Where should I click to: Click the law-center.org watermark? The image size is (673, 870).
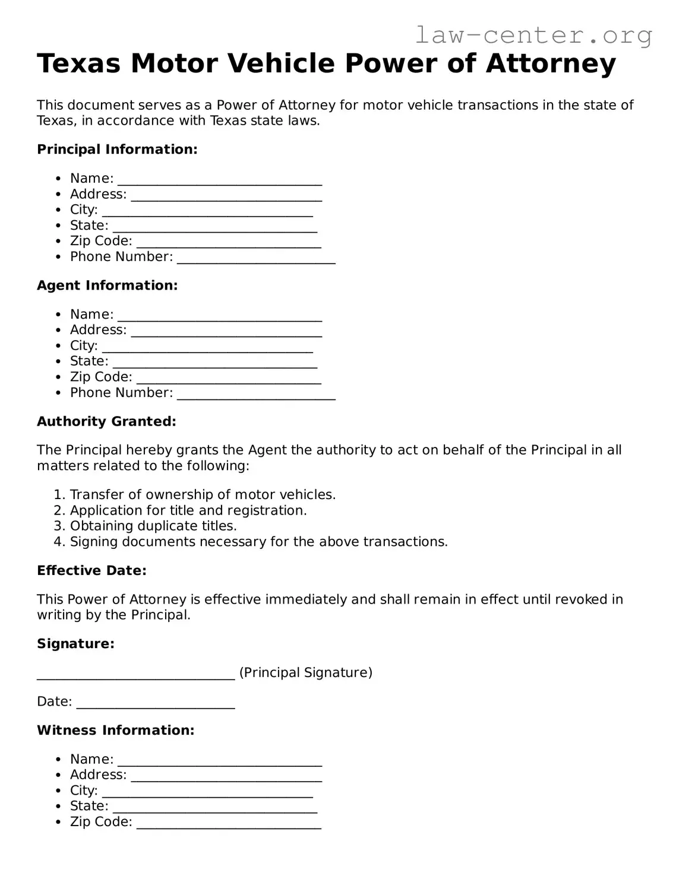[x=533, y=35]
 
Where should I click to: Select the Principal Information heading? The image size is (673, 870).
[x=117, y=150]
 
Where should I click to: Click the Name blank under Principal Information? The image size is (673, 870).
[x=220, y=180]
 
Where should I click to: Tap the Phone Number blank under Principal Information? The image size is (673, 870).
[x=256, y=258]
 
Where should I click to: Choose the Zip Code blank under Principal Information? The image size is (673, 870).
[x=229, y=242]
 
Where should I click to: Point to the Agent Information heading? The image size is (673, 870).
[x=107, y=285]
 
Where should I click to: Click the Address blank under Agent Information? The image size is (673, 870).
[x=226, y=331]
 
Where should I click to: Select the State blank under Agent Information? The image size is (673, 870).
[x=214, y=363]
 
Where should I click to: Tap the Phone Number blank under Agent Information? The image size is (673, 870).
[x=256, y=394]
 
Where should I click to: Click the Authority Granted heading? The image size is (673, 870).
[x=106, y=421]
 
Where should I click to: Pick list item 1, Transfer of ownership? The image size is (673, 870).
[x=203, y=495]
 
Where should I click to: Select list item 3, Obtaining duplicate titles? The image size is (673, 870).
[x=153, y=526]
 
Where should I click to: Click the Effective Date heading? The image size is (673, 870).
[x=91, y=571]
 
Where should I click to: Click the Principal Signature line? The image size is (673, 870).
[x=136, y=674]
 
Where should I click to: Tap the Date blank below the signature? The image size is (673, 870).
[x=156, y=703]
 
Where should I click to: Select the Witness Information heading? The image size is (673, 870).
[x=115, y=731]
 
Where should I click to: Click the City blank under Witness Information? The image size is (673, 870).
[x=207, y=792]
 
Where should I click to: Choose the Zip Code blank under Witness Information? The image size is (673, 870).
[x=229, y=823]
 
